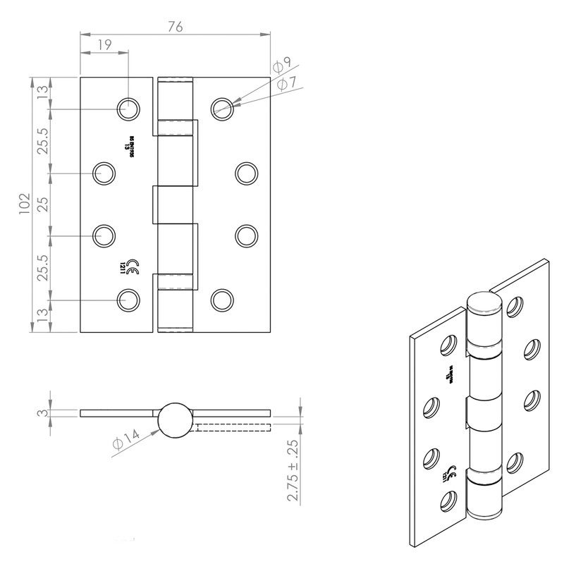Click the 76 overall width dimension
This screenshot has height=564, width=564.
[x=176, y=27]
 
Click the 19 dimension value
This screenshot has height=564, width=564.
[x=104, y=44]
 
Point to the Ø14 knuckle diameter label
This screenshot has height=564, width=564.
[x=124, y=443]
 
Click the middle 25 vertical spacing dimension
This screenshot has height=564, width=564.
[x=42, y=204]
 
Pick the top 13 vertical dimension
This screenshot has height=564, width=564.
[x=42, y=94]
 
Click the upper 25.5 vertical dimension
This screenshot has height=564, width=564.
[x=42, y=141]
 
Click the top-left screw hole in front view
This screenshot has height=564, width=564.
[x=128, y=108]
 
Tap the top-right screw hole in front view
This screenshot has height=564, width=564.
[x=222, y=107]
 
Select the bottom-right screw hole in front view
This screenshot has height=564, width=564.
[x=222, y=299]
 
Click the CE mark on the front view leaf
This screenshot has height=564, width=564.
[x=130, y=266]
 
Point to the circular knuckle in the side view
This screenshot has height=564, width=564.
[x=173, y=419]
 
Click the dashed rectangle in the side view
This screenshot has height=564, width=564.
[x=233, y=427]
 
